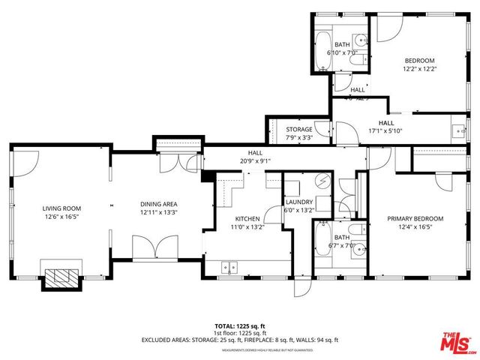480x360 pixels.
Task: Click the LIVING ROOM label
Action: tap(61, 208)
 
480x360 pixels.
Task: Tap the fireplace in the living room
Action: tap(59, 279)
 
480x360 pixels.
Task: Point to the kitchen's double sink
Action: tap(229, 265)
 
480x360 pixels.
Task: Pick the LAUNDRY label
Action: tap(298, 202)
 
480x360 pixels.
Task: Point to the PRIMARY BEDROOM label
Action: tap(415, 219)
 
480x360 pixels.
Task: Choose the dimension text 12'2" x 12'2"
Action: tap(420, 69)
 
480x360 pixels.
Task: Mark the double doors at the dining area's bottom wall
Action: tap(153, 247)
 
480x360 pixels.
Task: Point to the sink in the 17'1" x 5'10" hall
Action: tap(460, 129)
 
